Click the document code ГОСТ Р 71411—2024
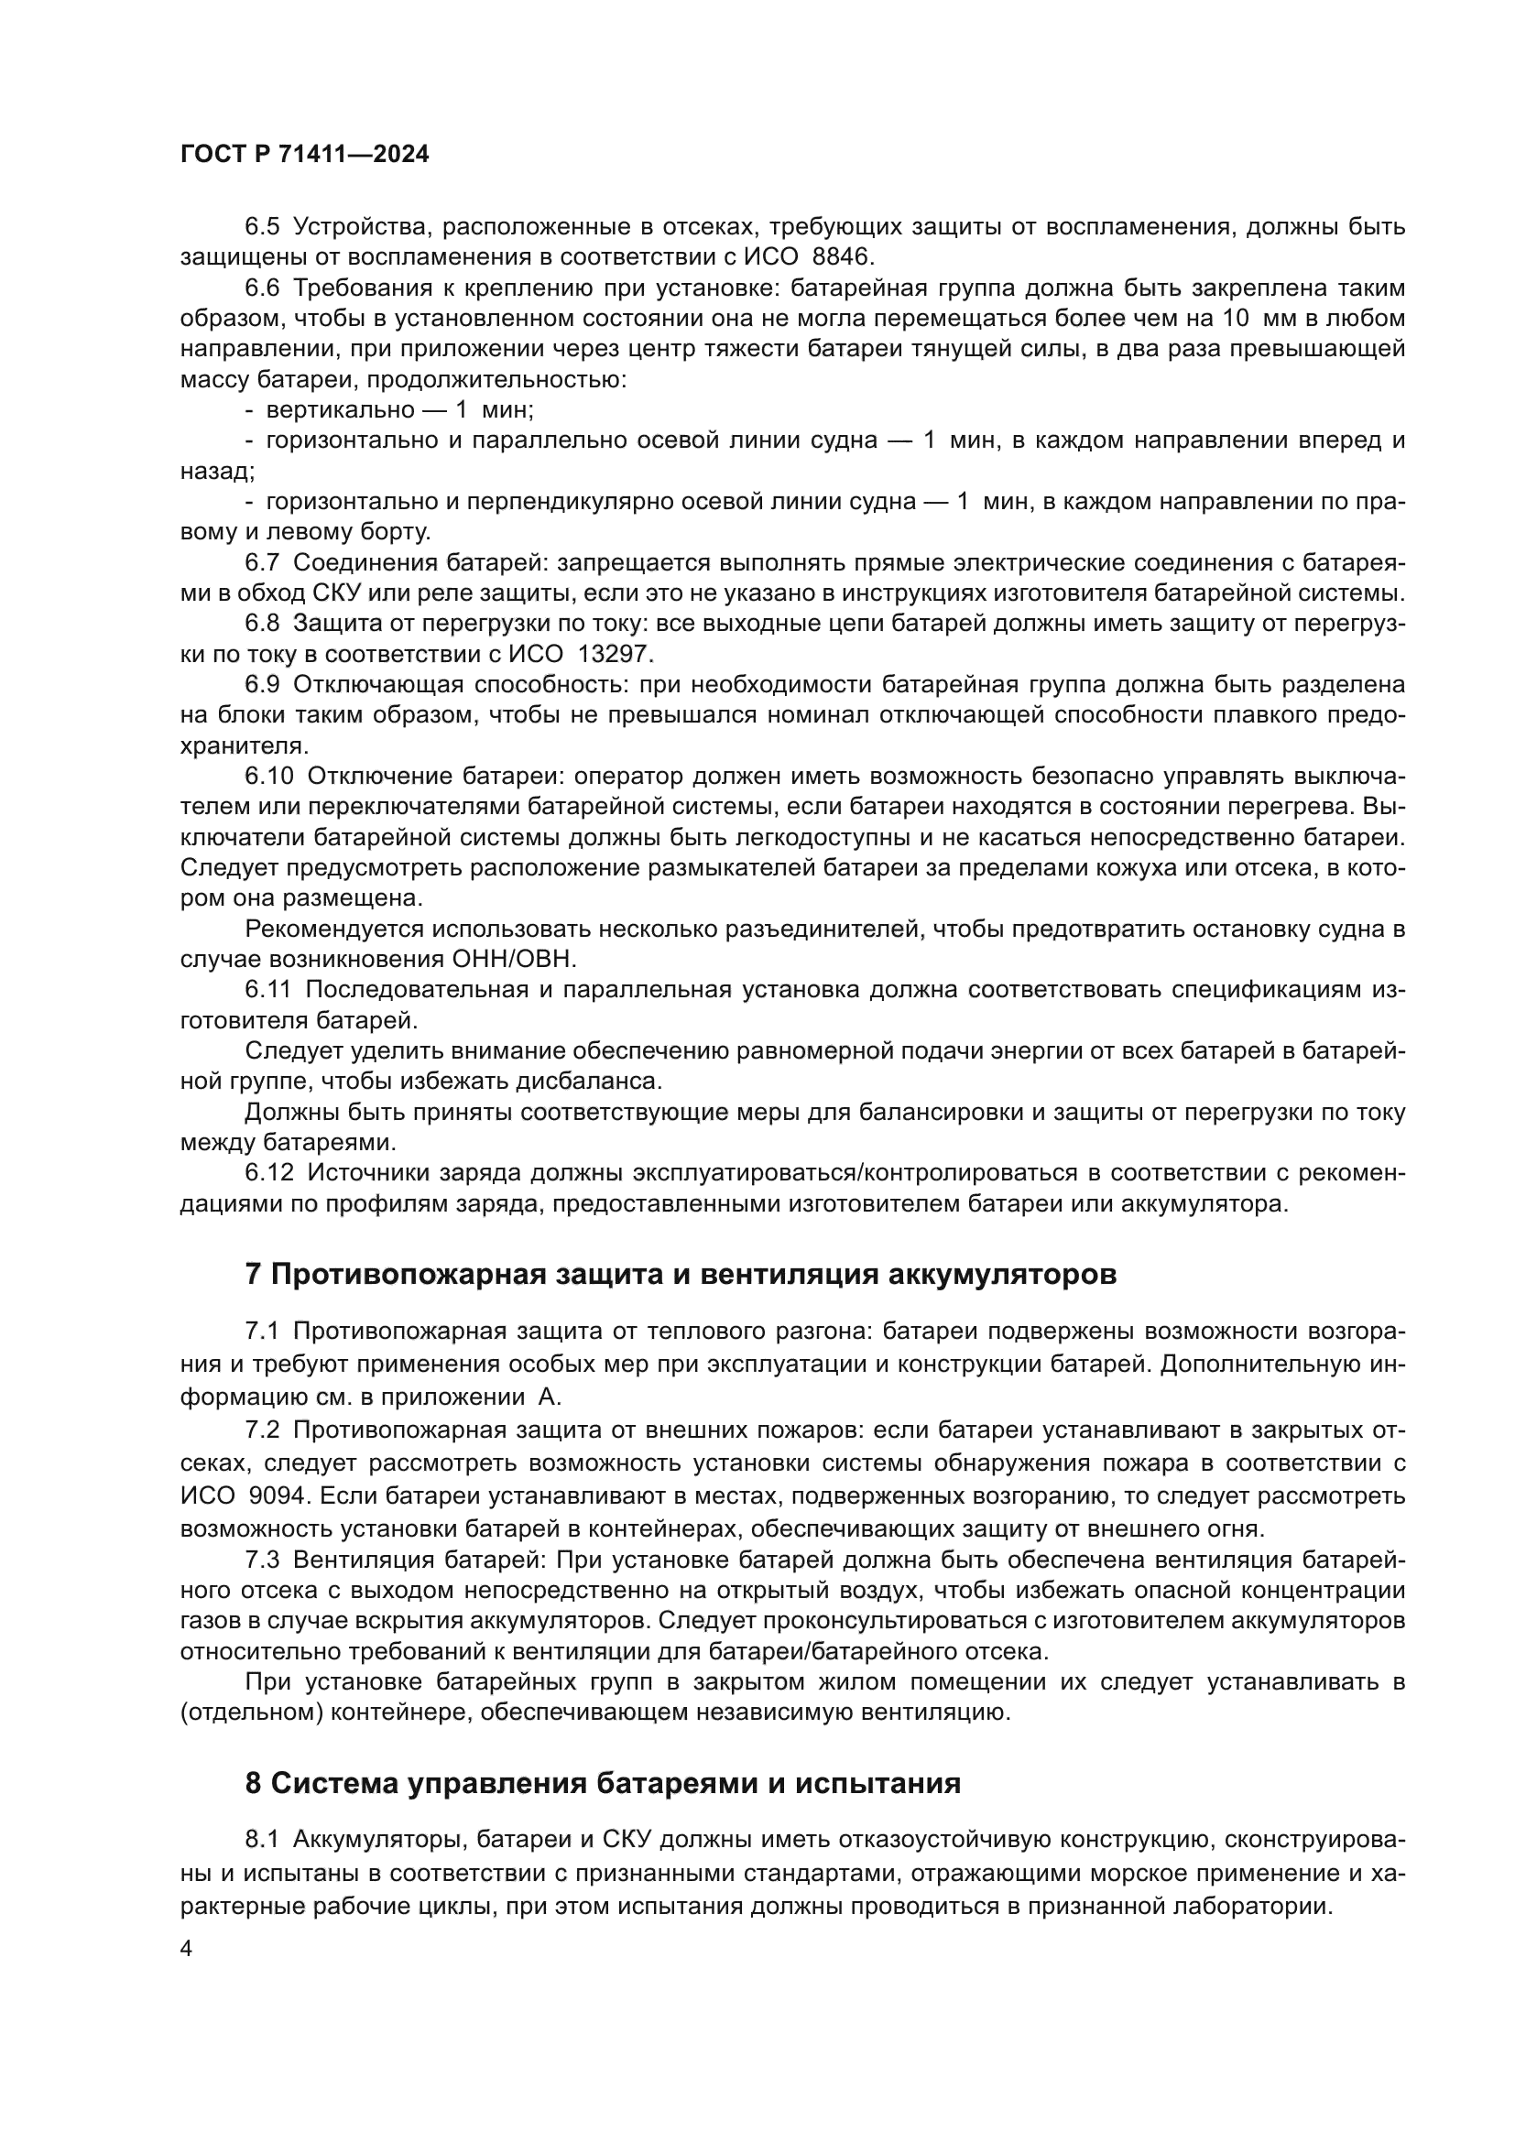[x=304, y=155]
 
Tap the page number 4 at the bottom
[x=186, y=1949]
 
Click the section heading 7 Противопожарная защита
[x=680, y=1274]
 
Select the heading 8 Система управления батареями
[x=603, y=1783]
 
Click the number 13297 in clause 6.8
[x=617, y=654]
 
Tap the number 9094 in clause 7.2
[x=277, y=1495]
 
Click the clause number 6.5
[x=262, y=227]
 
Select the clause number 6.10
[x=268, y=777]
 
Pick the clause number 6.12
[x=268, y=1173]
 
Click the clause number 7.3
[x=262, y=1558]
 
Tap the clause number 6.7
[x=262, y=562]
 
